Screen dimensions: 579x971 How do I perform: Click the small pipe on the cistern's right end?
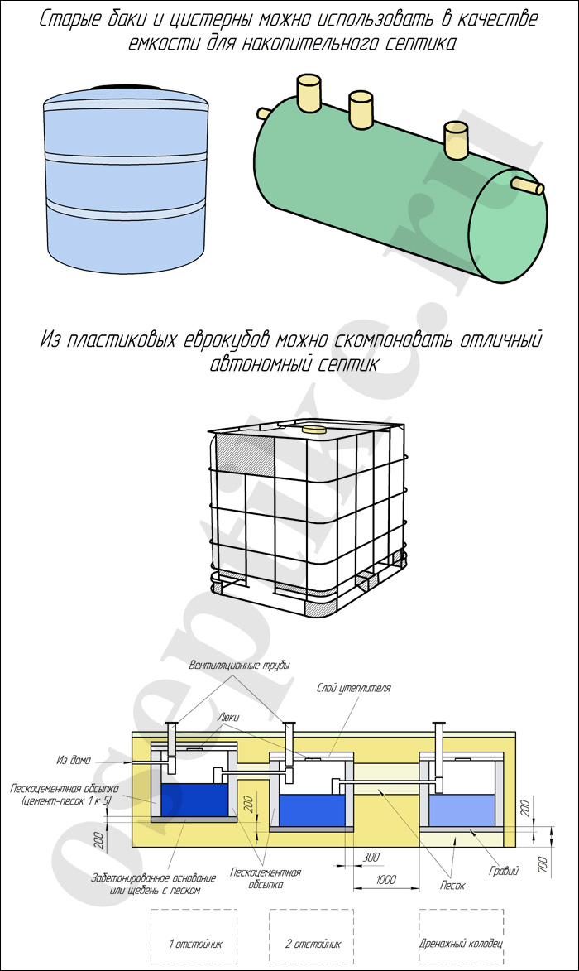point(528,185)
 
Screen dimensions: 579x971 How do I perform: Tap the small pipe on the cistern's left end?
point(264,113)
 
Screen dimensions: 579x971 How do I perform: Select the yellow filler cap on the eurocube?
point(313,428)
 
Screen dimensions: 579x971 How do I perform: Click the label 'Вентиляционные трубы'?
point(239,665)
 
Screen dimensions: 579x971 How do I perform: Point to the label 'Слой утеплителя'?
point(353,687)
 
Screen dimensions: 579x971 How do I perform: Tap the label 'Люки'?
point(227,717)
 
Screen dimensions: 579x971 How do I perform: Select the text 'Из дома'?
point(73,760)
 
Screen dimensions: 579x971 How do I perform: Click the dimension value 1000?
point(386,879)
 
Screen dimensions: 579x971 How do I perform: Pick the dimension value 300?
point(371,857)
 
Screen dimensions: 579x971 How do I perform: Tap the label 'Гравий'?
point(503,871)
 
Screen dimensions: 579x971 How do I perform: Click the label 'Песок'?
point(452,886)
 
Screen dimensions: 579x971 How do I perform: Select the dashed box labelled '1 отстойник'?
point(194,935)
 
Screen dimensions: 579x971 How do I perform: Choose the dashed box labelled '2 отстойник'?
point(311,935)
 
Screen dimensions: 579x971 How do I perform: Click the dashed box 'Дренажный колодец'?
point(461,935)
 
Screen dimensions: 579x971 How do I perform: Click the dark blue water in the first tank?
point(194,800)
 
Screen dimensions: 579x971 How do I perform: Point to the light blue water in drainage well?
point(462,810)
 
